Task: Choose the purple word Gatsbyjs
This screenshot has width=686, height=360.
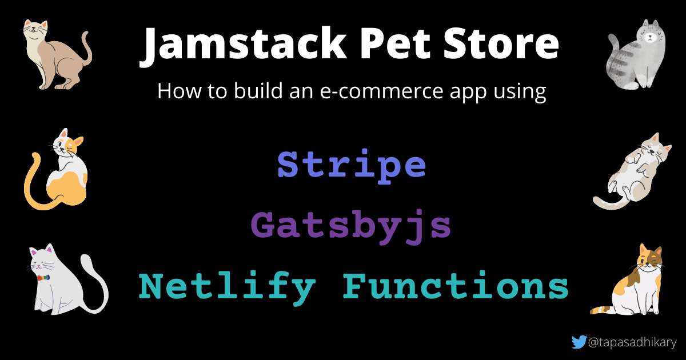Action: pyautogui.click(x=351, y=225)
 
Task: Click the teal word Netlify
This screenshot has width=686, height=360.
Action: pyautogui.click(x=227, y=286)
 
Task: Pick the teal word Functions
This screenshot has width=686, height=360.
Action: pyautogui.click(x=456, y=286)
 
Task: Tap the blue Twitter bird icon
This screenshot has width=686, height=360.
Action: pyautogui.click(x=579, y=342)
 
